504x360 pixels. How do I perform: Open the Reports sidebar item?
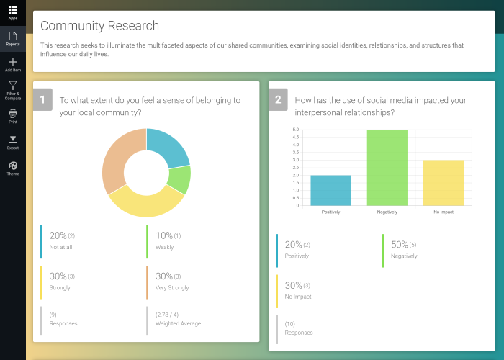pyautogui.click(x=13, y=37)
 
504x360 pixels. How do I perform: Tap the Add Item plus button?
pyautogui.click(x=13, y=64)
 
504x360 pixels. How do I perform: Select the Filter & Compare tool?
pyautogui.click(x=13, y=89)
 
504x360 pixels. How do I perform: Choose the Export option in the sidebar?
pyautogui.click(x=13, y=141)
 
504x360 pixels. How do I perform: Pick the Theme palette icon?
pyautogui.click(x=13, y=168)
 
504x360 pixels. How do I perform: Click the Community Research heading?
pyautogui.click(x=99, y=26)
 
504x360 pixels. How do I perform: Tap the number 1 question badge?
pyautogui.click(x=42, y=100)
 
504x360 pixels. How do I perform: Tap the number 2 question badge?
pyautogui.click(x=278, y=100)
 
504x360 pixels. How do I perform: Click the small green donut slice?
pyautogui.click(x=180, y=179)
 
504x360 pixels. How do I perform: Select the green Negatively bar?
pyautogui.click(x=387, y=168)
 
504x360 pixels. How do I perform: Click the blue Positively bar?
pyautogui.click(x=330, y=190)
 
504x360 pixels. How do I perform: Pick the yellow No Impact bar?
pyautogui.click(x=444, y=183)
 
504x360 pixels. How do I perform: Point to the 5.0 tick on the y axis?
pyautogui.click(x=295, y=130)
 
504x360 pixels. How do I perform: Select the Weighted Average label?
pyautogui.click(x=178, y=323)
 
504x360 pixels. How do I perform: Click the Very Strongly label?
pyautogui.click(x=172, y=287)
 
